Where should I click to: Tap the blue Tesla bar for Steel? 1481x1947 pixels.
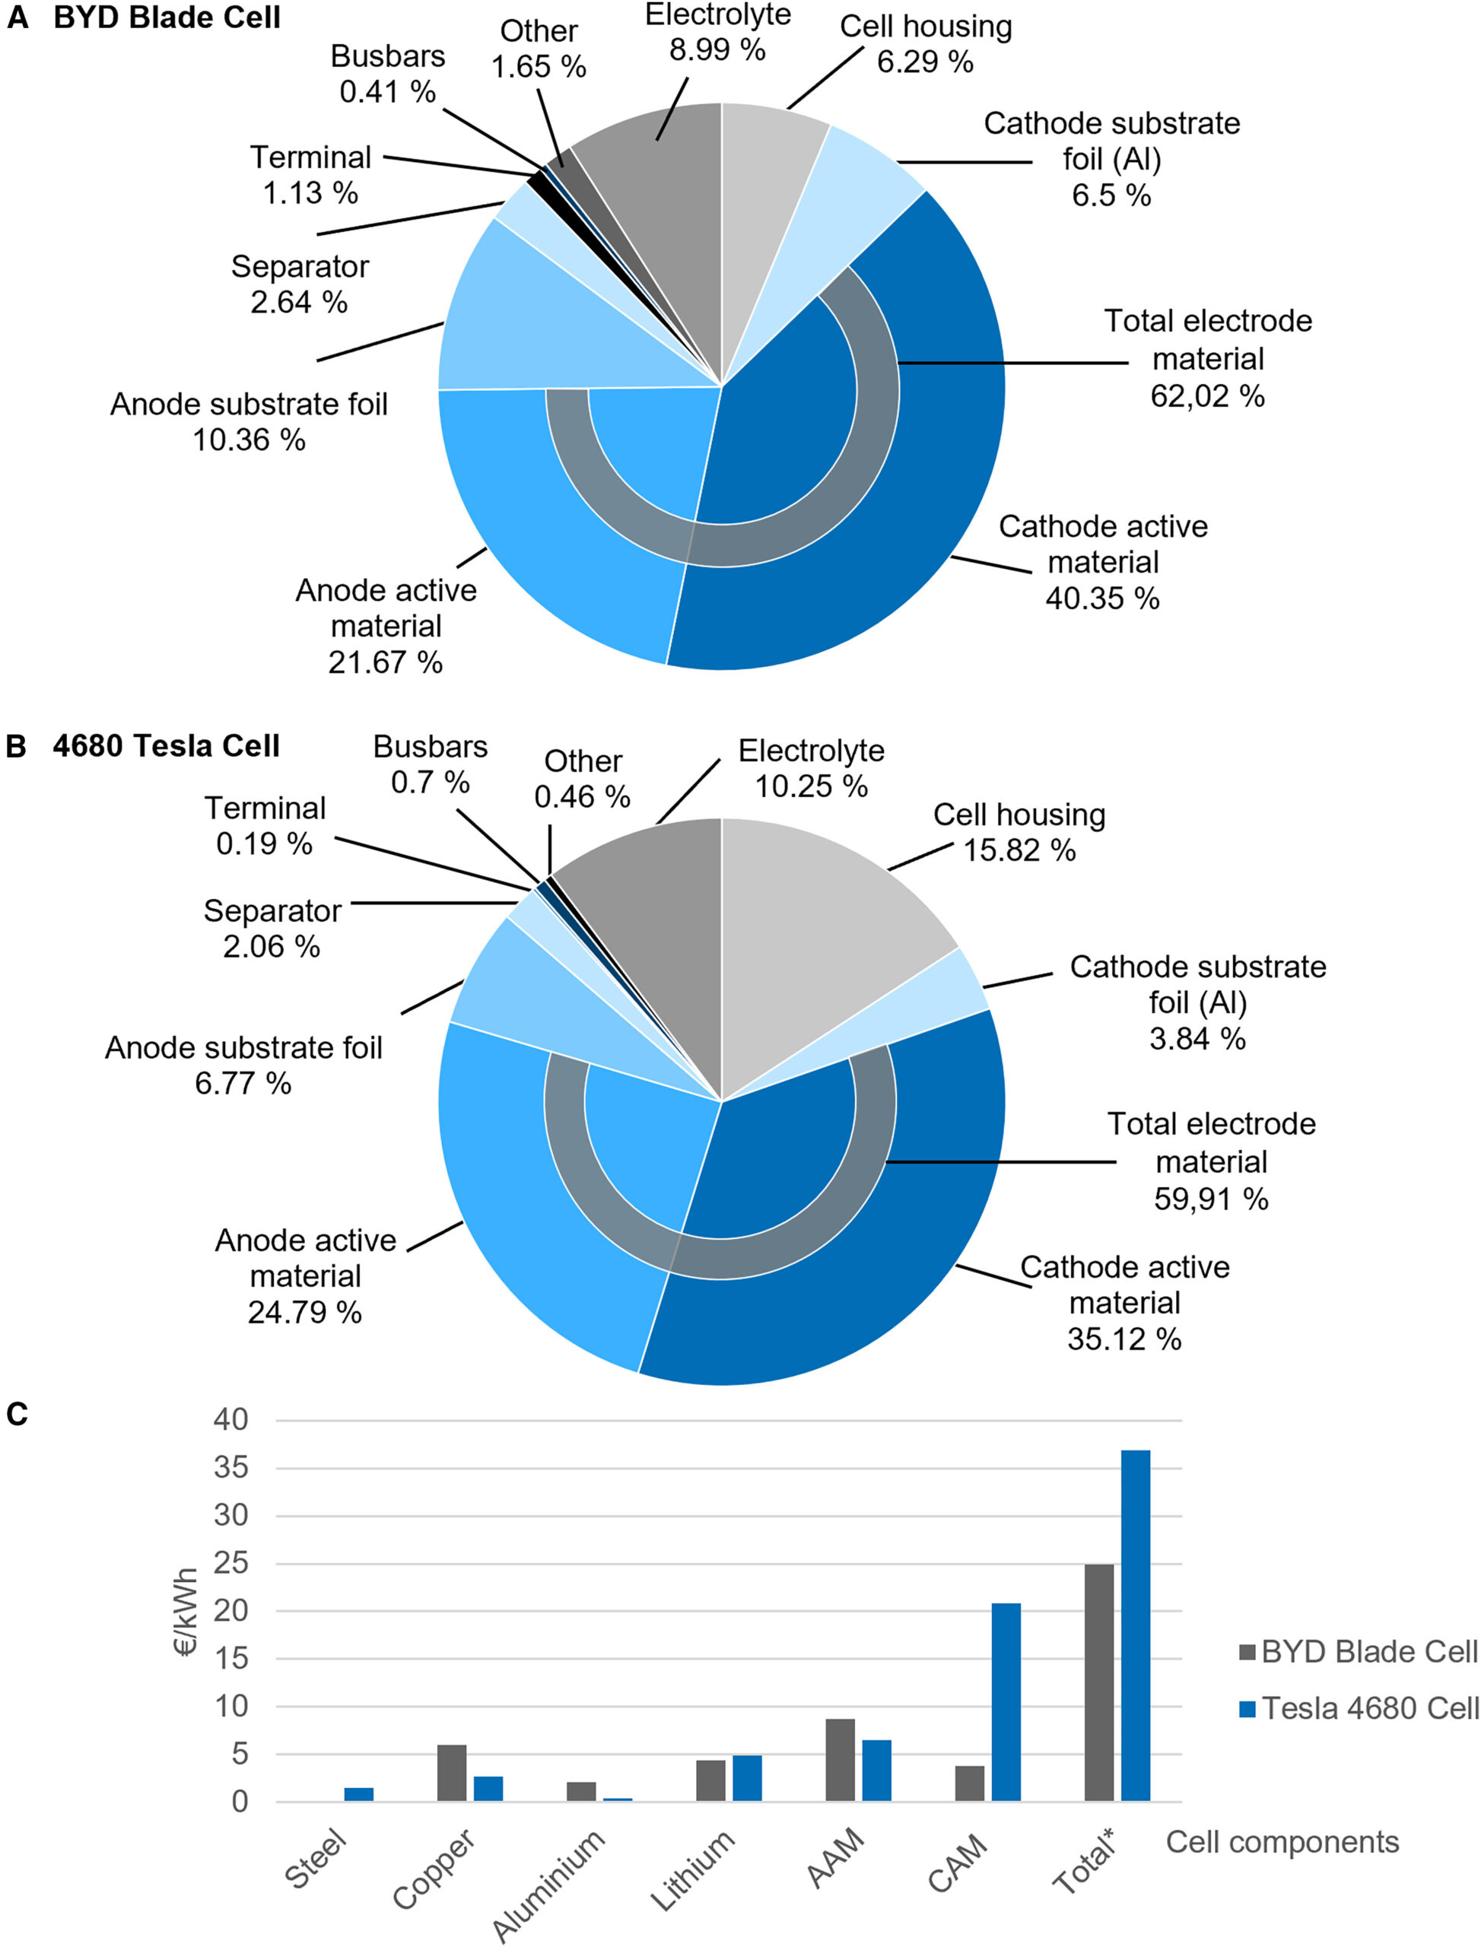tap(359, 1793)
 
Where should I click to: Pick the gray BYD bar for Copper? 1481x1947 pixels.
tap(451, 1773)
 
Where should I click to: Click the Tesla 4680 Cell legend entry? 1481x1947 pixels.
tap(1369, 1708)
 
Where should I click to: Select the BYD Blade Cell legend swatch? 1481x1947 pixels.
tap(1247, 1652)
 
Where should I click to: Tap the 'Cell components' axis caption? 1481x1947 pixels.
tap(1282, 1842)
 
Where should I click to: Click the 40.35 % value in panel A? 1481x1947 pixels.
tap(1102, 599)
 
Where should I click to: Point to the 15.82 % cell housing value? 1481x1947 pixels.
tap(1019, 850)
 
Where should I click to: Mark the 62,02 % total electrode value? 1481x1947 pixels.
tap(1207, 397)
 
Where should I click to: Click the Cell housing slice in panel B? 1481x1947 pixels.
tap(820, 916)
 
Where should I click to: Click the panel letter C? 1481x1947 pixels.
tap(17, 1414)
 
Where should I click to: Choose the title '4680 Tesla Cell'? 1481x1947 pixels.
tap(166, 747)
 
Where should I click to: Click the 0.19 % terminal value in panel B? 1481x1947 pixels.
tap(265, 843)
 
